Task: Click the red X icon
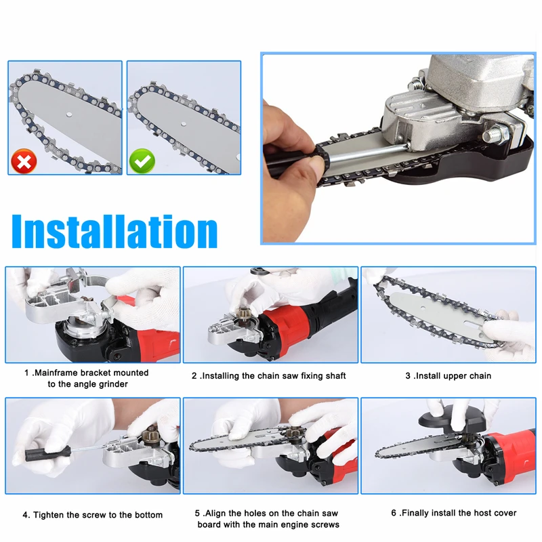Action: pos(24,161)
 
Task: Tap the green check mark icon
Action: pos(142,161)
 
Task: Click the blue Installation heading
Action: pos(114,231)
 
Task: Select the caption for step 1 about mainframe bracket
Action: pos(87,378)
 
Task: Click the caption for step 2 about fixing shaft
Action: pos(268,376)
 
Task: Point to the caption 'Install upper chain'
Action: pos(448,376)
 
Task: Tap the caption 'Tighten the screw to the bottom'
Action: pos(92,515)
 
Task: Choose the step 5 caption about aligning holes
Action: pos(268,519)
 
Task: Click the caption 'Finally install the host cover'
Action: pos(453,513)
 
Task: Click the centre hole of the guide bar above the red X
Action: pos(69,113)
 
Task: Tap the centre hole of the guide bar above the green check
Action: pos(183,123)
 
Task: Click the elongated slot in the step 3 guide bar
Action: pos(474,324)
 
